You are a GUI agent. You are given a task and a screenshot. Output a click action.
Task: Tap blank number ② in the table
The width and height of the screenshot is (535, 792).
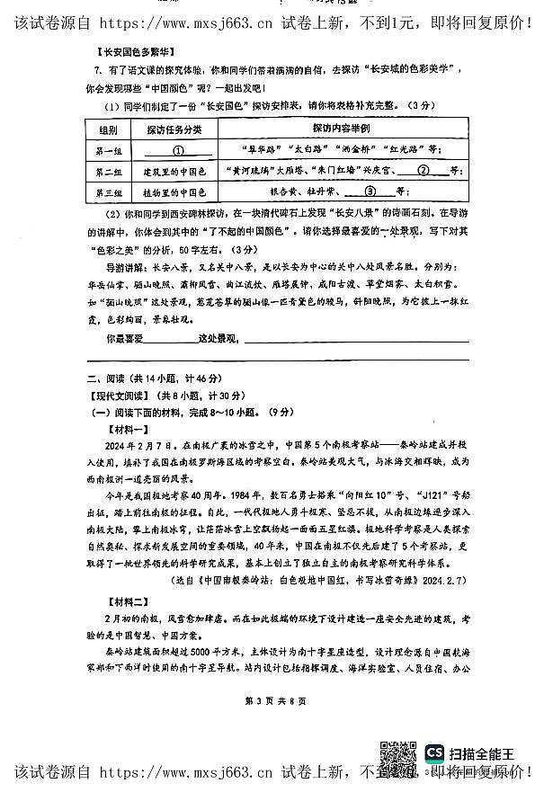(x=423, y=171)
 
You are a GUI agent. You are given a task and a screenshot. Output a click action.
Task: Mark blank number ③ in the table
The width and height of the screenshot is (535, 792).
(x=370, y=191)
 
